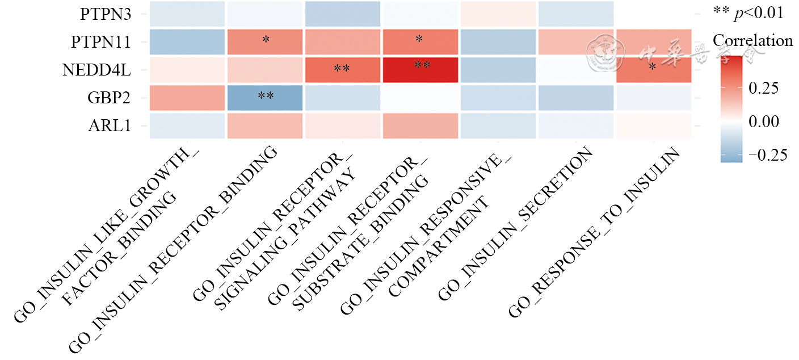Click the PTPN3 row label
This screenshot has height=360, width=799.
(106, 14)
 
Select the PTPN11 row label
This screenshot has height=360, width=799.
(101, 42)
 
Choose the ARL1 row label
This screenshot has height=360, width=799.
(111, 125)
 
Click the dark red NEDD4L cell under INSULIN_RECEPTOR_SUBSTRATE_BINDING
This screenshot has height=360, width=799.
(420, 70)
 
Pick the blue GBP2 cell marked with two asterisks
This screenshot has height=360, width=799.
(265, 98)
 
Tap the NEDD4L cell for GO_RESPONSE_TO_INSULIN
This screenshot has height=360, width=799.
(653, 70)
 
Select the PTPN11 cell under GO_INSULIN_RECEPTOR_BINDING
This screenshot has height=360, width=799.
(265, 42)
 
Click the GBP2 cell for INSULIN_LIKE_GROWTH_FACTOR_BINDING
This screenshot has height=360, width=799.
(187, 98)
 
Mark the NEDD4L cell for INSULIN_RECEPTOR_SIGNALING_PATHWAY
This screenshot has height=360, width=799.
(342, 70)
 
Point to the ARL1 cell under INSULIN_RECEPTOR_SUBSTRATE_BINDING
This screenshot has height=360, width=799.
(420, 125)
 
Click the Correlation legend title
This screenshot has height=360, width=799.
(752, 41)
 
